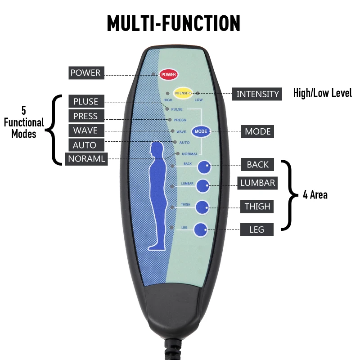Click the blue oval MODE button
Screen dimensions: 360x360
click(x=201, y=131)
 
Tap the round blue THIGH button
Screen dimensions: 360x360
click(x=202, y=207)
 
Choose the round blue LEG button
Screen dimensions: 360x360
click(x=201, y=230)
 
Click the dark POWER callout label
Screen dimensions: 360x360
click(x=85, y=72)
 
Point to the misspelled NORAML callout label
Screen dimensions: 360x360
click(x=87, y=159)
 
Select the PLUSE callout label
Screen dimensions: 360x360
click(x=86, y=101)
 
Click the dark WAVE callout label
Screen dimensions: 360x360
click(x=85, y=130)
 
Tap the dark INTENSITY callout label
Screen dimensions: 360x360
click(x=258, y=94)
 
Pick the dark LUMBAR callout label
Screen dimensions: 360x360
click(x=257, y=183)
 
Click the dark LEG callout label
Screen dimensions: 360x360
click(x=257, y=229)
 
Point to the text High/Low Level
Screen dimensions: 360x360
click(x=322, y=94)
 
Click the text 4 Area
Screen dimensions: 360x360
click(x=315, y=195)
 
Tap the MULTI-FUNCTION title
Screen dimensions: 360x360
click(x=174, y=24)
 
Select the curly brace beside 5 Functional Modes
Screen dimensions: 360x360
click(x=54, y=130)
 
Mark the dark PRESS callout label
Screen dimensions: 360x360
click(x=85, y=116)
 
